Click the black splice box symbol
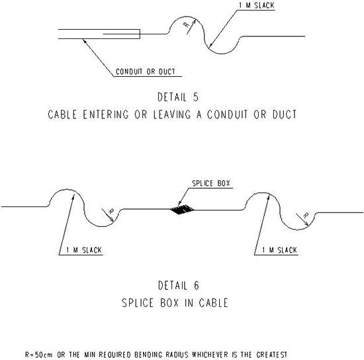click(181, 209)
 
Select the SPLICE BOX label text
click(210, 183)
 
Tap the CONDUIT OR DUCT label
click(146, 71)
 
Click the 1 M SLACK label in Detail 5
click(257, 5)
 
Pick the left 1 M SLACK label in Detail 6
click(84, 250)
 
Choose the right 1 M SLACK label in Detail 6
click(279, 250)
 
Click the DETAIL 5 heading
click(178, 97)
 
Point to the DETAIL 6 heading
click(178, 285)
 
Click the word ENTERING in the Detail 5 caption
click(106, 114)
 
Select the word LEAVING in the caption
click(172, 114)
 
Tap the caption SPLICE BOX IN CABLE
click(175, 303)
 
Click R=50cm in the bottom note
click(38, 355)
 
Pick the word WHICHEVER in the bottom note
click(210, 355)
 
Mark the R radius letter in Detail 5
click(187, 24)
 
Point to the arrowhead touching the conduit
click(85, 40)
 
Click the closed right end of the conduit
click(140, 34)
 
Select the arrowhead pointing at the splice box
click(179, 203)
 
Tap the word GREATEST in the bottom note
click(272, 355)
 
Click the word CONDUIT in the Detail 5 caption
click(228, 114)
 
